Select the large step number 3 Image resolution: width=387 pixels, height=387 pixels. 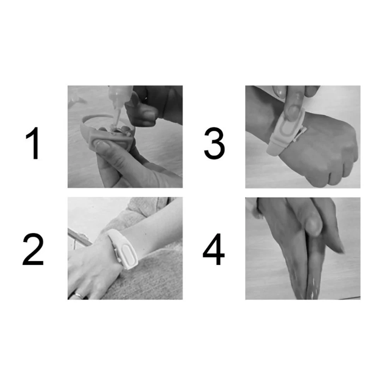[x=214, y=144]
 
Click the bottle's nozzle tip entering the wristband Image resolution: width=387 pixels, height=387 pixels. [x=115, y=120]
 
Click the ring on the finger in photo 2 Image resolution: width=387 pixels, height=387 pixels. [x=78, y=295]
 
